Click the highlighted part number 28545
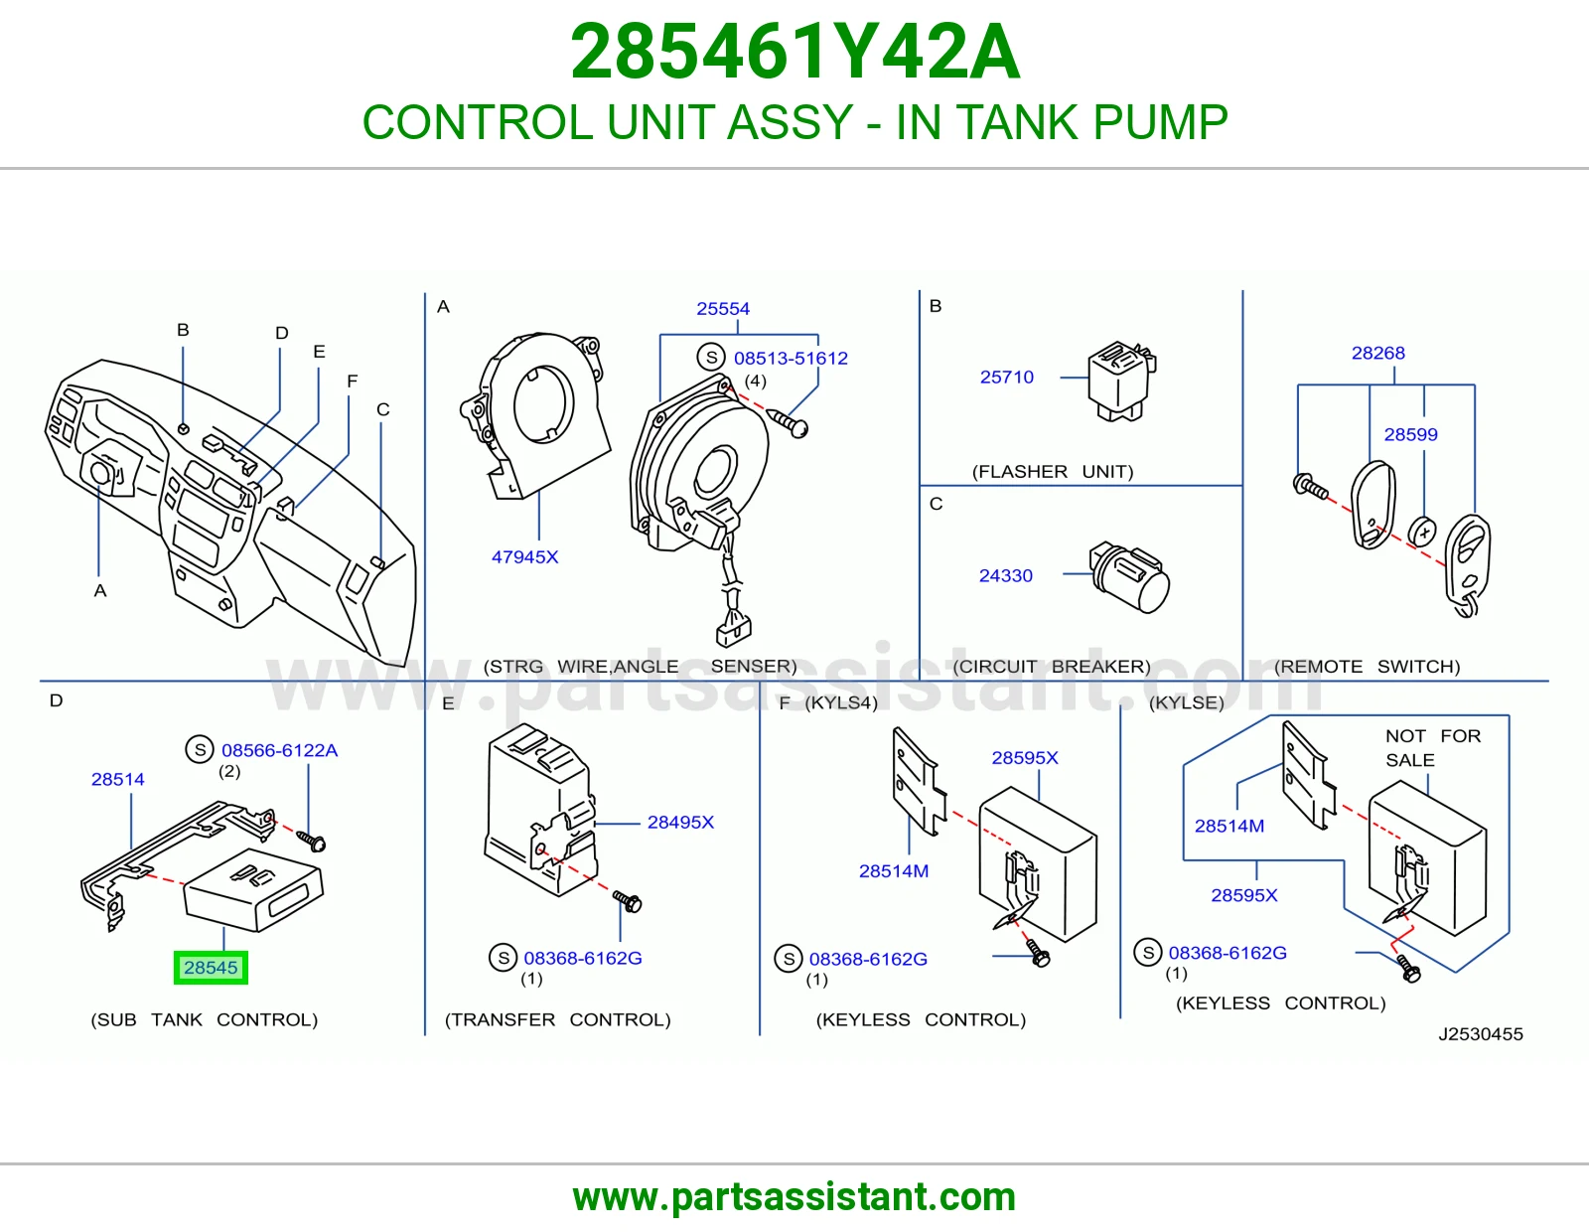point(211,967)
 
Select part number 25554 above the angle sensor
point(722,309)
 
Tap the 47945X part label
point(524,556)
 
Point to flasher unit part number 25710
point(1006,377)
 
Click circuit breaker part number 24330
point(1005,576)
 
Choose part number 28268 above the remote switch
point(1377,353)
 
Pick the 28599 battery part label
point(1410,434)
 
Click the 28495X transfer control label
point(680,823)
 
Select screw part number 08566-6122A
point(279,750)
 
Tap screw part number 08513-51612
point(791,358)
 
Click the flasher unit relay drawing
point(1121,381)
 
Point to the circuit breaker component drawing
point(1128,576)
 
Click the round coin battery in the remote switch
point(1422,532)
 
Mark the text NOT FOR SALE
point(1432,748)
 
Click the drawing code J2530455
point(1480,1033)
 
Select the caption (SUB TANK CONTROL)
point(204,1019)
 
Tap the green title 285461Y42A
point(794,52)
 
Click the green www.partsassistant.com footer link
point(794,1197)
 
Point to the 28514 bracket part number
point(118,779)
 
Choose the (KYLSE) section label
point(1186,702)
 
